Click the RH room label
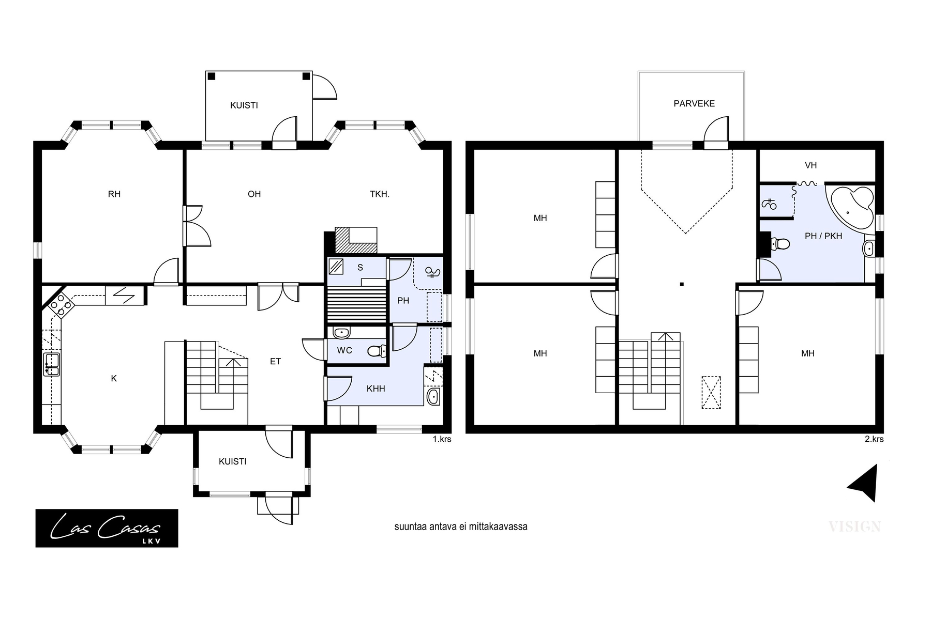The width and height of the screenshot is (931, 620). pos(114,194)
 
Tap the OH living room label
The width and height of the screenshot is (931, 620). pos(254,194)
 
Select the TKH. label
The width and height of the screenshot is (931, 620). pos(380,194)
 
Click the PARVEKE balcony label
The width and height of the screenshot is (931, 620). pos(694,104)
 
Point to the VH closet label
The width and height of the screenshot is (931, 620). pos(810,165)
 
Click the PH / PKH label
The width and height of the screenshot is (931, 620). pos(823,236)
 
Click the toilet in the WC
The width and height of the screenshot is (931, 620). pos(377,352)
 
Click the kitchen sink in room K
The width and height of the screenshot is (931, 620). pos(51,364)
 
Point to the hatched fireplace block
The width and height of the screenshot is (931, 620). pos(356,240)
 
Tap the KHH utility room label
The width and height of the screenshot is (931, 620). pos(376,389)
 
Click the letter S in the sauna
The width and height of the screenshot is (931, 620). pos(360,268)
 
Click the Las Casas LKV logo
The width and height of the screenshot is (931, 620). pos(107,528)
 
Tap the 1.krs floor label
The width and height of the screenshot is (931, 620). pos(442,439)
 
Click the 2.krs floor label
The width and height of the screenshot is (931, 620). pos(874,439)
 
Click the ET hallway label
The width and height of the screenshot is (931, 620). pos(275,362)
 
